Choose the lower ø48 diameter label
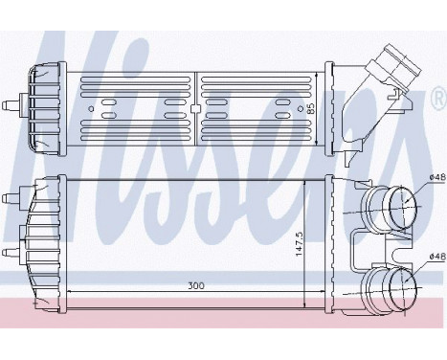(x=435, y=256)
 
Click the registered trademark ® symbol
(x=437, y=99)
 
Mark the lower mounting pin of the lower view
(x=11, y=251)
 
